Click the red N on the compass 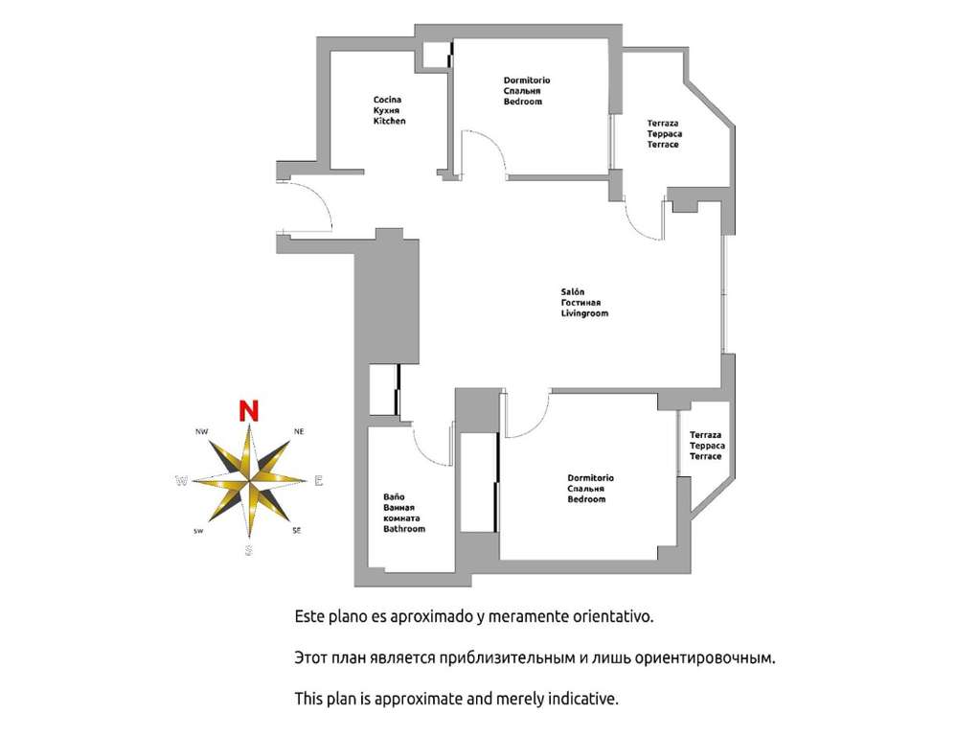point(249,411)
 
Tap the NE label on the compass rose point(299,431)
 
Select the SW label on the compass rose point(198,531)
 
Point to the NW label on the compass point(202,431)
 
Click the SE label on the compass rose point(297,531)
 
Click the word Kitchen point(390,121)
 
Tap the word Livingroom point(584,313)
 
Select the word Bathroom point(404,529)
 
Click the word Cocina point(387,100)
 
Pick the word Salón point(573,291)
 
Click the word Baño point(394,496)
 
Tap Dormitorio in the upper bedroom point(527,80)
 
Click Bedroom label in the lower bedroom point(586,498)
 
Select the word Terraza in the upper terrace point(663,123)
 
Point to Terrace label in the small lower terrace point(705,456)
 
